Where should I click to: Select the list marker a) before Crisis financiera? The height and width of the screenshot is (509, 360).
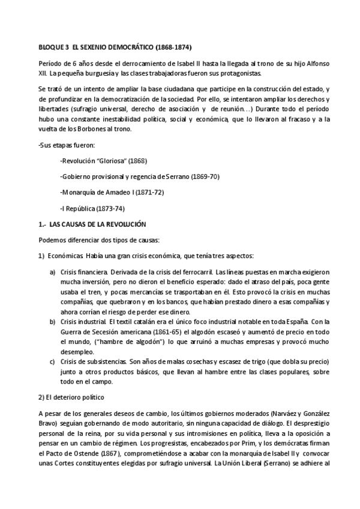tap(52, 272)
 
